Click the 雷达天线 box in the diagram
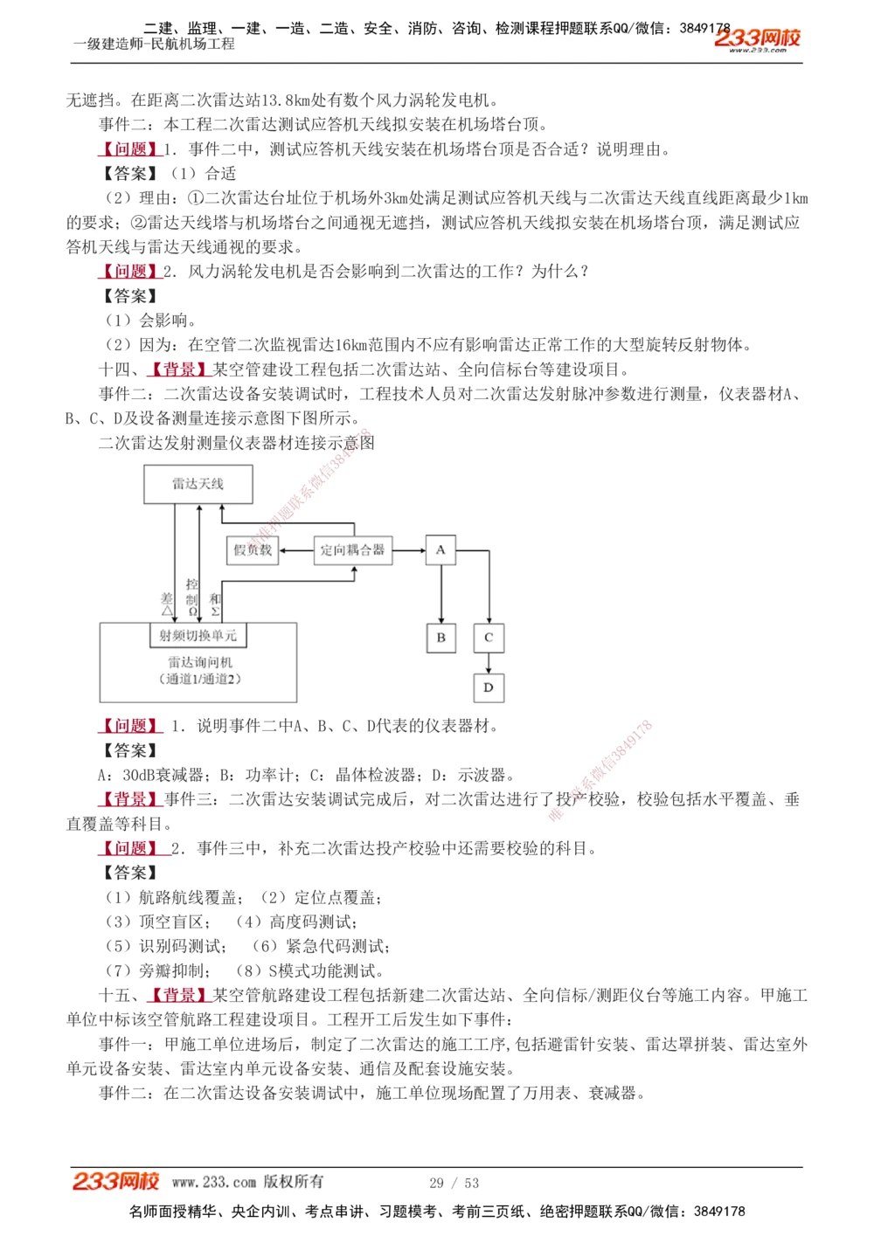[198, 484]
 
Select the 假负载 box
[253, 549]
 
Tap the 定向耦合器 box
[352, 549]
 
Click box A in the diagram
[440, 549]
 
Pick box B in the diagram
[440, 638]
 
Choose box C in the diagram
[489, 638]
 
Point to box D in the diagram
[489, 687]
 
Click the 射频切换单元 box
[198, 635]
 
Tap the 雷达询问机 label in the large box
[200, 662]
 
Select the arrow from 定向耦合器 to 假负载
[296, 550]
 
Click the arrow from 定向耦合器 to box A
[410, 550]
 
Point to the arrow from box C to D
[489, 663]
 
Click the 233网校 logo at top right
[757, 38]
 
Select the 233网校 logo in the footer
[116, 1181]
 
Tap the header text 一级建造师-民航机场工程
[155, 44]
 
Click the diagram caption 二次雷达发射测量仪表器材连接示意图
[237, 443]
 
